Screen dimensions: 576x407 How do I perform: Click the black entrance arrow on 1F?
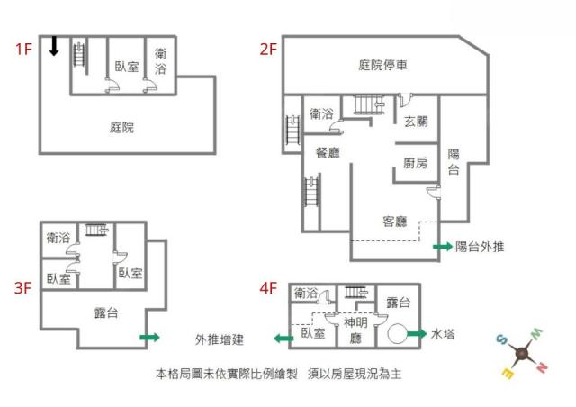[54, 46]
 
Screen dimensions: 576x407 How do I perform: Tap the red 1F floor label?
[23, 49]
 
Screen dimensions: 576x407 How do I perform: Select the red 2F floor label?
[268, 49]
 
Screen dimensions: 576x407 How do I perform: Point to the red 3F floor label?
[22, 287]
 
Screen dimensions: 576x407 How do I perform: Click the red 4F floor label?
[268, 288]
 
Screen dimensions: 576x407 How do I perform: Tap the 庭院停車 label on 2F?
[382, 66]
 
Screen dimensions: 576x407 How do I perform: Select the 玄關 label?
[416, 121]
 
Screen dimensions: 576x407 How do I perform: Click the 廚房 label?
[415, 163]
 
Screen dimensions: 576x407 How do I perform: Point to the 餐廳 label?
[328, 152]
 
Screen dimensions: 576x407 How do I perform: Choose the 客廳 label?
[395, 222]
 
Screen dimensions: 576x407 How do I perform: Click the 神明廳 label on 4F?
[355, 330]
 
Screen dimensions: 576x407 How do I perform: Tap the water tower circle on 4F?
[397, 333]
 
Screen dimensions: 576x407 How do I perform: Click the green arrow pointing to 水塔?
[417, 334]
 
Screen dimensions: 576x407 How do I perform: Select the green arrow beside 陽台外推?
[443, 247]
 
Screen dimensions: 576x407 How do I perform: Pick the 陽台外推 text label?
[480, 247]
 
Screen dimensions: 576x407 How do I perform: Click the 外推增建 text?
[220, 339]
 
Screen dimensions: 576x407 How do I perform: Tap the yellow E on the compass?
[508, 373]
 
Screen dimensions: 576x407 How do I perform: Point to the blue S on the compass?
[501, 339]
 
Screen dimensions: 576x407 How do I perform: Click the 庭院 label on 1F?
[122, 128]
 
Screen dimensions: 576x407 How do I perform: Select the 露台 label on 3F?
[106, 312]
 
